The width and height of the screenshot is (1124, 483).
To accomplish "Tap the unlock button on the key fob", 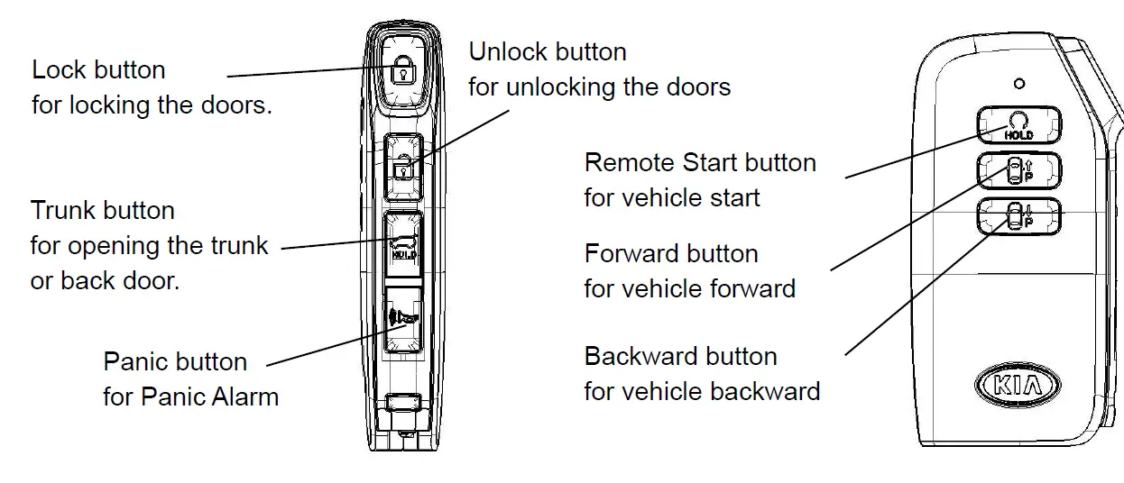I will point(402,166).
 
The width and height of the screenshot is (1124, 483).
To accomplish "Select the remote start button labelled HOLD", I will point(1018,124).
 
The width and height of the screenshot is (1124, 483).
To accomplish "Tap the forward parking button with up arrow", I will point(1018,170).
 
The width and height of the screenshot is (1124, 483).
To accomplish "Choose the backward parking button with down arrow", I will point(1018,217).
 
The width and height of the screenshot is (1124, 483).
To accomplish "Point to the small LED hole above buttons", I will point(1019,84).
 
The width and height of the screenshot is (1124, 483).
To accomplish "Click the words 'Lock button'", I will point(98,70).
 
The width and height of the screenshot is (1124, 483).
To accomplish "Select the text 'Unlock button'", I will point(547,52).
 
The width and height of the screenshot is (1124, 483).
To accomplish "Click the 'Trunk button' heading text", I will point(103,211).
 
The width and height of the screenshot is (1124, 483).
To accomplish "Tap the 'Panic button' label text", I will point(175,362).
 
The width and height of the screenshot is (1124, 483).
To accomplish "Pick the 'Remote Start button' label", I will point(700,163).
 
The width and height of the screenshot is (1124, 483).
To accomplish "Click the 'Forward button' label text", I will point(671,254).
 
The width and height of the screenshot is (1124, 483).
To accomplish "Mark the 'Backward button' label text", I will point(680,357).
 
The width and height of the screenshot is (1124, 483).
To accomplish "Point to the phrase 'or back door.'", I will point(105,280).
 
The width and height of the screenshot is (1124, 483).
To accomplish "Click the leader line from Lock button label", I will point(307,72).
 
